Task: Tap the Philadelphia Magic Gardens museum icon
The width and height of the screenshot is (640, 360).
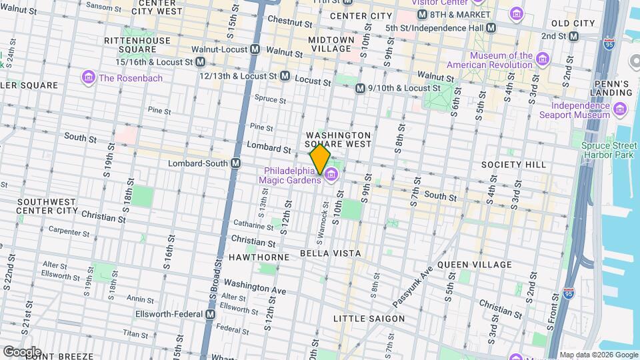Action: [331, 175]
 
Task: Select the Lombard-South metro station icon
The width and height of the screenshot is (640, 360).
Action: [235, 163]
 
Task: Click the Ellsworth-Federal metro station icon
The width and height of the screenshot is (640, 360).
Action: [211, 314]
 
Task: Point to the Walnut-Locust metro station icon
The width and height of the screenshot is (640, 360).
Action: [255, 49]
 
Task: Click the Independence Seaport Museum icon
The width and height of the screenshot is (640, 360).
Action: [621, 109]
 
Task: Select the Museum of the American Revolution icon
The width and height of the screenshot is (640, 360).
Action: [543, 61]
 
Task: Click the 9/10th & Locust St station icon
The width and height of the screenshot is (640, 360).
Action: [360, 88]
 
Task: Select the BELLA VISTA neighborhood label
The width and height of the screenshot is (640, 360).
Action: [330, 253]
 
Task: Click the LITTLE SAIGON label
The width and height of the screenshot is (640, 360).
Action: [369, 319]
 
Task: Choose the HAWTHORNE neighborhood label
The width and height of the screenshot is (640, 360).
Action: [259, 257]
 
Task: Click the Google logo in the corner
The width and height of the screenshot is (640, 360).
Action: [22, 351]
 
